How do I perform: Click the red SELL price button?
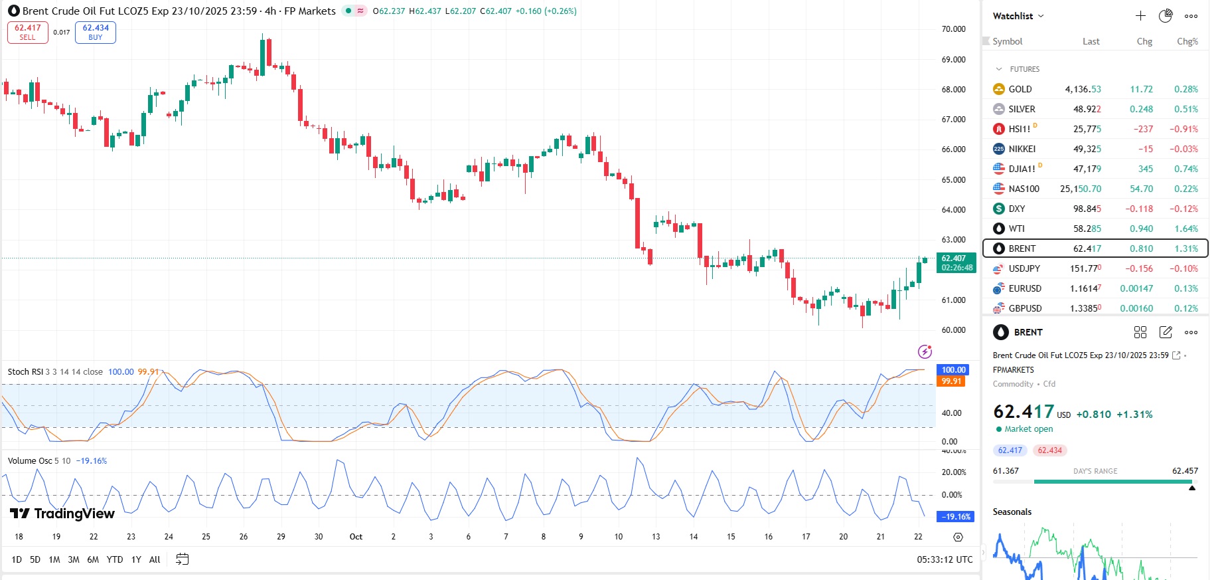pyautogui.click(x=28, y=32)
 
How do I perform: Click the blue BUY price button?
pyautogui.click(x=96, y=32)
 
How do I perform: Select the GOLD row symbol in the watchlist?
pyautogui.click(x=1020, y=89)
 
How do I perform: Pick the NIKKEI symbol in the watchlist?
pyautogui.click(x=1021, y=149)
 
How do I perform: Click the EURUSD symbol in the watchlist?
pyautogui.click(x=1025, y=288)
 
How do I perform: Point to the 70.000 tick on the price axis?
pyautogui.click(x=953, y=29)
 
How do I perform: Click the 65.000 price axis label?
pyautogui.click(x=953, y=179)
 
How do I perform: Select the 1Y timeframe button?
pyautogui.click(x=136, y=559)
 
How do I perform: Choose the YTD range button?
pyautogui.click(x=115, y=559)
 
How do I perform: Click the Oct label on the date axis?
pyautogui.click(x=356, y=537)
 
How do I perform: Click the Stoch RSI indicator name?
pyautogui.click(x=25, y=372)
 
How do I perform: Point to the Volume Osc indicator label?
pyautogui.click(x=30, y=460)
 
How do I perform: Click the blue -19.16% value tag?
pyautogui.click(x=956, y=516)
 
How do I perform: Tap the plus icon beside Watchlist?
pyautogui.click(x=1140, y=16)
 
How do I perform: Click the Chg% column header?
pyautogui.click(x=1187, y=41)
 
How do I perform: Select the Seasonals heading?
pyautogui.click(x=1012, y=512)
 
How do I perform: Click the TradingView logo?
pyautogui.click(x=62, y=514)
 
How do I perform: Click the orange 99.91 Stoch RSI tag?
pyautogui.click(x=951, y=381)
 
